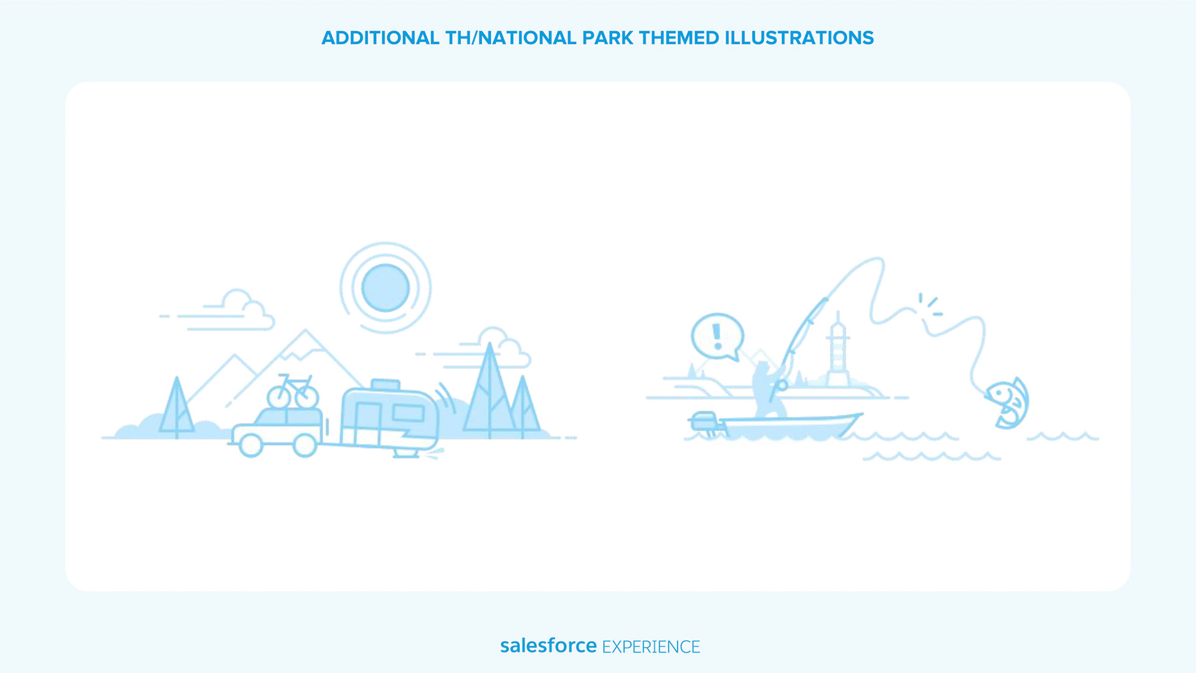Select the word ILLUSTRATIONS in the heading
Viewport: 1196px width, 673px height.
[x=799, y=38]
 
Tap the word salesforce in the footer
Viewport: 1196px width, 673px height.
[x=548, y=646]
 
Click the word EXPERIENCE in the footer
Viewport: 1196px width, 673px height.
[x=651, y=647]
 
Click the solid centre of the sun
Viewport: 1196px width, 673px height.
[x=386, y=287]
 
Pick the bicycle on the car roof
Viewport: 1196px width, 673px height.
[x=293, y=391]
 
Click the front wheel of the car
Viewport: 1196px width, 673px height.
[x=251, y=445]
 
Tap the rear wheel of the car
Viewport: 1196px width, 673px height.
[x=305, y=445]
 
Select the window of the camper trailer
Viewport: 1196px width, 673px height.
[x=408, y=413]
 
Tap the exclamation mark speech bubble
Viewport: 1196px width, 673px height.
[x=718, y=336]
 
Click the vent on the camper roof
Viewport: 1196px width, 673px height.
[x=386, y=384]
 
